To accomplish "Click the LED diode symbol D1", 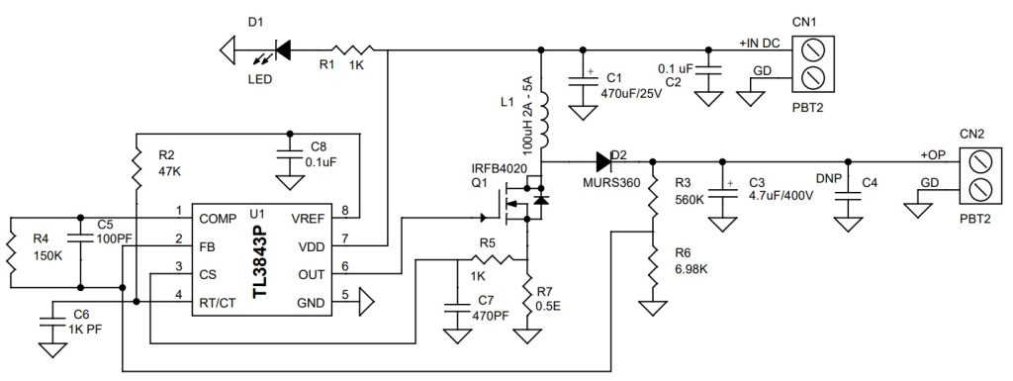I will click(x=282, y=47).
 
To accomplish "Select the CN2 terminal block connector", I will click(x=976, y=175).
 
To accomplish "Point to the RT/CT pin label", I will click(x=218, y=294).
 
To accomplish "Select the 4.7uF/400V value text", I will click(x=781, y=196).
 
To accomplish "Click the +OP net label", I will click(x=933, y=155).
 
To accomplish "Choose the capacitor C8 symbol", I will click(x=289, y=157).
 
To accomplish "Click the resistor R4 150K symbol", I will click(x=10, y=251).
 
